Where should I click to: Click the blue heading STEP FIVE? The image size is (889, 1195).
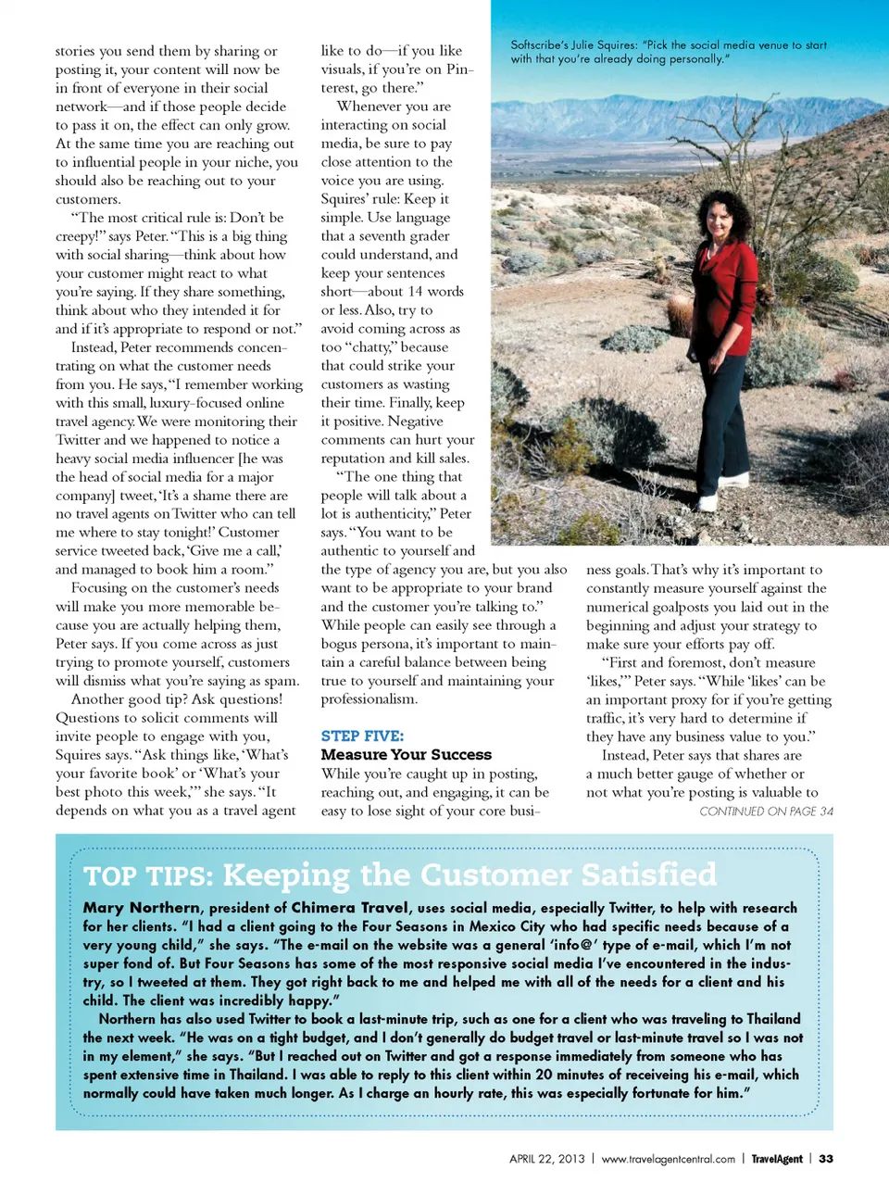pos(362,736)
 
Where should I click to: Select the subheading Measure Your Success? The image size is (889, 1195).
pos(406,755)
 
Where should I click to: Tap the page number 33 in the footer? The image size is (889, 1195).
pos(826,1159)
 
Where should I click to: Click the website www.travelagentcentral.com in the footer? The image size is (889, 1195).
pos(668,1159)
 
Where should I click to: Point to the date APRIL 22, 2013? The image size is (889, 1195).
pos(546,1159)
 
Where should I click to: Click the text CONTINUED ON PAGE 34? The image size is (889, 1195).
pos(766,811)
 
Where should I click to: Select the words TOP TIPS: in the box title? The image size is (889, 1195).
pos(149,875)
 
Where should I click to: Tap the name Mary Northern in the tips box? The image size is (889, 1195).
pos(141,908)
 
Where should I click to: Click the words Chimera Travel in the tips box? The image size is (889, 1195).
pos(349,908)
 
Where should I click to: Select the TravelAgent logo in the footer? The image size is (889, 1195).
pos(776,1159)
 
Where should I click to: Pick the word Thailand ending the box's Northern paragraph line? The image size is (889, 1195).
pos(767,1019)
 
